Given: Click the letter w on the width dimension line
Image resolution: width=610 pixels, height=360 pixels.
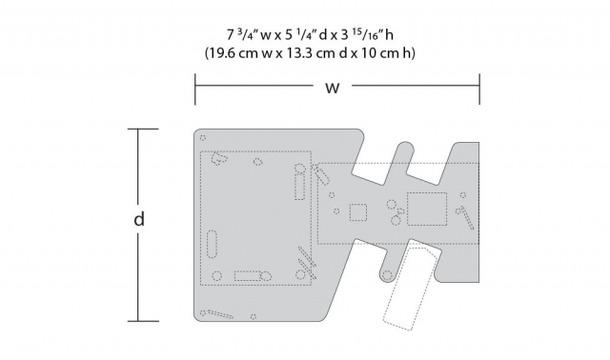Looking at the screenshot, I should tap(332, 89).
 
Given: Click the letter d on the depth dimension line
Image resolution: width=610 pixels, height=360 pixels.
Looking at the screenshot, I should tap(140, 220).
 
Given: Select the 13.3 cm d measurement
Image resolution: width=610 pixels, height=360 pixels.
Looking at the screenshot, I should tap(312, 53).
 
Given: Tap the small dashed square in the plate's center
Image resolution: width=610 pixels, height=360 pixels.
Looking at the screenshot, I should tap(359, 211).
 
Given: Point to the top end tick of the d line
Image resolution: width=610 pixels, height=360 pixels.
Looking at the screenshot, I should tap(140, 130).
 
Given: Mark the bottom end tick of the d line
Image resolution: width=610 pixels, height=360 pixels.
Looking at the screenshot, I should tap(140, 322).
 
